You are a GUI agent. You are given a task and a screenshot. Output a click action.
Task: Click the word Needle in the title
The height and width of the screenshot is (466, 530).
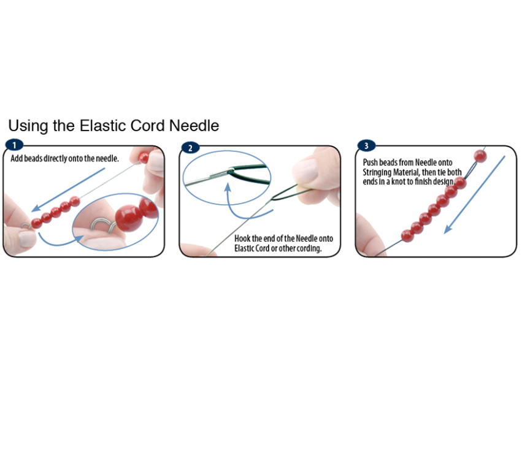pos(194,126)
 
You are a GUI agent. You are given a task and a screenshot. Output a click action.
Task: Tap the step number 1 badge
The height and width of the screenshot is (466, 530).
pos(14,145)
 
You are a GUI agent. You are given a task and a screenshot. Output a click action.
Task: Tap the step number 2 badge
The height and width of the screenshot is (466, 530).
pos(190,148)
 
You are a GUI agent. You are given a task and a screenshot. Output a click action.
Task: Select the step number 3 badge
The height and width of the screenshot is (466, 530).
pos(366,146)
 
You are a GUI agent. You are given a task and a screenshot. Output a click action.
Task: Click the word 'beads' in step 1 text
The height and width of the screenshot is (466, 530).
pos(33,158)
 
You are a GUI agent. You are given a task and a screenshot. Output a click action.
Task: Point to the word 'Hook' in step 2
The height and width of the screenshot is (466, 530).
pos(242,239)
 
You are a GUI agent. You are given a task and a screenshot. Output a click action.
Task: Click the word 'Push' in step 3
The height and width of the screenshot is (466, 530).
pos(370,162)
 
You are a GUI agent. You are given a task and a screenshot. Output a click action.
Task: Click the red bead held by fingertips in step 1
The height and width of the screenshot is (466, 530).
pos(144,158)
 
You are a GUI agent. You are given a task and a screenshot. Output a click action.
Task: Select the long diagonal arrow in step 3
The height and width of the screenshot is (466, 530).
pos(475,194)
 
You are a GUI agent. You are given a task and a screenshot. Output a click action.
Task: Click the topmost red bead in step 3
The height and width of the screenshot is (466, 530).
pos(480,156)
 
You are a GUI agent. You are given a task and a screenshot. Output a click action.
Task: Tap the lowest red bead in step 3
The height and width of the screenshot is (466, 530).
pos(408,236)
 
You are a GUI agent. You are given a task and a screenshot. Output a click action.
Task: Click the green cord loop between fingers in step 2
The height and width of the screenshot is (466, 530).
pos(287,193)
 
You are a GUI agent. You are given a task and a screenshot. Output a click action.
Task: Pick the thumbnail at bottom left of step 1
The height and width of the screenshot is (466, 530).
pos(27,239)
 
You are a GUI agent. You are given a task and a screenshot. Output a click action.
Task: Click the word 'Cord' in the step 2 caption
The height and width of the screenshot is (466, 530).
pos(263,248)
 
